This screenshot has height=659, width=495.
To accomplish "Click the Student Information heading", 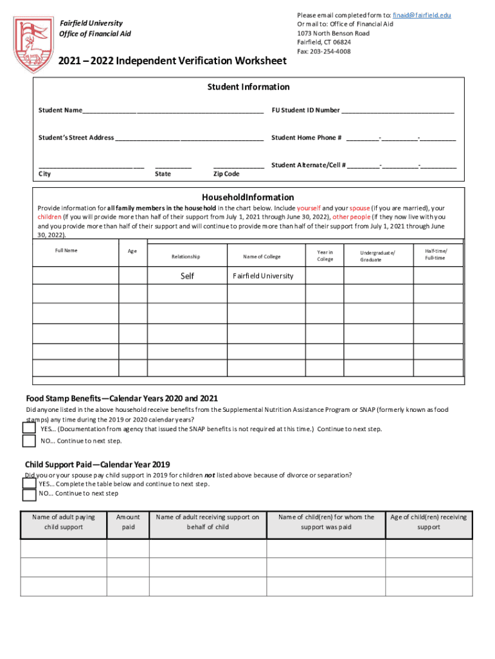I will [248, 87].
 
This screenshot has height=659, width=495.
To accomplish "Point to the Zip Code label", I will [226, 174].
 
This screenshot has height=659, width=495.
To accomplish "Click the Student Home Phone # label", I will [306, 138].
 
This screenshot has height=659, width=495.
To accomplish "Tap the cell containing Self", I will [187, 275].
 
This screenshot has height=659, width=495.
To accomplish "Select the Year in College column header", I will [325, 256].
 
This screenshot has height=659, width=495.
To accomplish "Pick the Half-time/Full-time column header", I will [435, 254].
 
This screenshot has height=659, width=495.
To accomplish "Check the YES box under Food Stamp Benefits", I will [29, 429].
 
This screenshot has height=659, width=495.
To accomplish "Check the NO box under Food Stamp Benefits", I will [29, 441].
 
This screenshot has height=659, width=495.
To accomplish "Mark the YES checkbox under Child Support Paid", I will [29, 483].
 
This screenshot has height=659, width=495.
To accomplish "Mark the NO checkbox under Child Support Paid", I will [29, 494].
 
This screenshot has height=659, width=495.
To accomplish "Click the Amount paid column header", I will [128, 522].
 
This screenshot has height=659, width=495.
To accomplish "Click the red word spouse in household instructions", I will [359, 209].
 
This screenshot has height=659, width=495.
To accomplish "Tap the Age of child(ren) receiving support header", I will [428, 522].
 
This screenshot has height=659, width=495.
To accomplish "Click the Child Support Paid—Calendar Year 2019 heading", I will [97, 464].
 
